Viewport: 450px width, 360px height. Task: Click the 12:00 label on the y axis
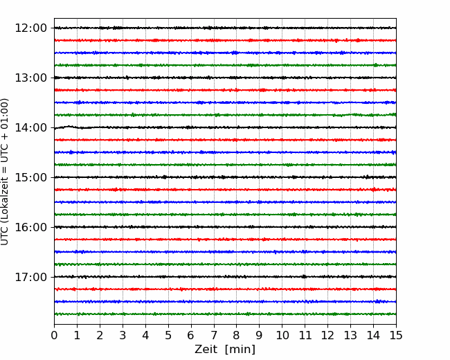click(x=30, y=28)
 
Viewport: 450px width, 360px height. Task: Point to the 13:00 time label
click(x=30, y=78)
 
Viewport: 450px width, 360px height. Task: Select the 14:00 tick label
click(x=30, y=127)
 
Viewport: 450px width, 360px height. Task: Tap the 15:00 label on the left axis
click(x=30, y=177)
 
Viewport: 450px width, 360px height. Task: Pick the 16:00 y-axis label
click(x=30, y=227)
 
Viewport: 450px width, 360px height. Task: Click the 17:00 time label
click(x=30, y=277)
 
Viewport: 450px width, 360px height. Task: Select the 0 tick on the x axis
click(x=54, y=335)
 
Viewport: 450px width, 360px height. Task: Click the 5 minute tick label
click(x=168, y=335)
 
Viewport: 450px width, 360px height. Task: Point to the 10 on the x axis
click(x=282, y=335)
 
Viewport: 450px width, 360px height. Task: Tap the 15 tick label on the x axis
click(x=396, y=335)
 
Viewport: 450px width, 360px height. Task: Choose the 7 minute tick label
click(x=214, y=335)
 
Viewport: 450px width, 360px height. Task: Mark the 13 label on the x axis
click(x=350, y=335)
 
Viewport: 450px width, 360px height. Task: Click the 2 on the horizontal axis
click(x=100, y=335)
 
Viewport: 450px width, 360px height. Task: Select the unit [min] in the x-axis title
click(x=240, y=350)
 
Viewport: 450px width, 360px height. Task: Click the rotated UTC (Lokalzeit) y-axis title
click(x=5, y=172)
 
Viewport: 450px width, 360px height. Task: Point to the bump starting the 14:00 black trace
click(x=69, y=126)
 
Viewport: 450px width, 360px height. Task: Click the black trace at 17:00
click(x=225, y=277)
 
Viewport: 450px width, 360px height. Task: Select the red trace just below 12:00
click(x=225, y=40)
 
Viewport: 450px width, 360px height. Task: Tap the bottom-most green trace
click(x=225, y=314)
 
